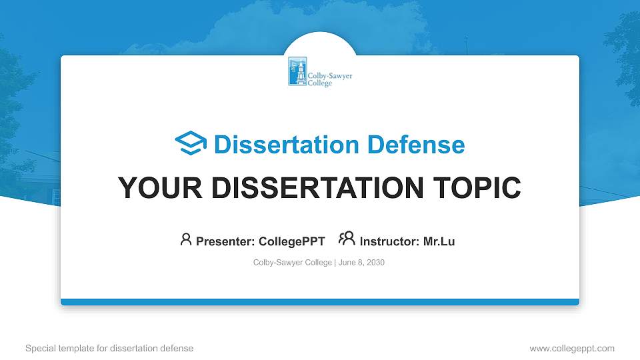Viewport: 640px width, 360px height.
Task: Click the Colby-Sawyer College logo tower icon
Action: coord(297,71)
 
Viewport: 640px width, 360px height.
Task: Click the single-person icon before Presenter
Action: coord(186,239)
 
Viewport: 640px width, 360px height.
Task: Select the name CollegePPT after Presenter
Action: coord(291,241)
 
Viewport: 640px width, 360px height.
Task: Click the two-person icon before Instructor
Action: coord(347,239)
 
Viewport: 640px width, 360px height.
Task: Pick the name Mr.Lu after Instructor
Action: coord(439,241)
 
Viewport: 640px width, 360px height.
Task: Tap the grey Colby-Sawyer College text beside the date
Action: coord(292,263)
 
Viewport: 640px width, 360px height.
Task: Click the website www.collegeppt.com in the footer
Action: coord(571,348)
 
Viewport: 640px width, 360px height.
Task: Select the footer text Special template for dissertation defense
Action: coord(109,348)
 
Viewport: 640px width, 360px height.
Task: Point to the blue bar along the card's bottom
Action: coord(320,302)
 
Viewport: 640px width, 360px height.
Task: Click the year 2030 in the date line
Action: coord(375,263)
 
